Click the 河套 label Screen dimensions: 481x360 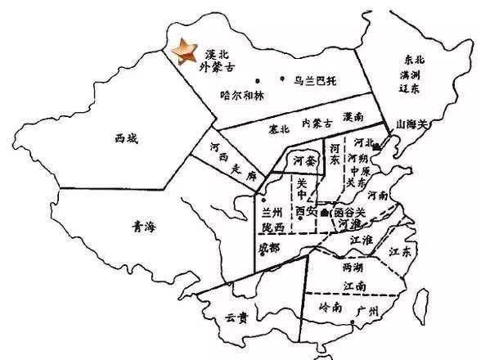[303, 160]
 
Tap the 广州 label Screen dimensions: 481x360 [370, 313]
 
